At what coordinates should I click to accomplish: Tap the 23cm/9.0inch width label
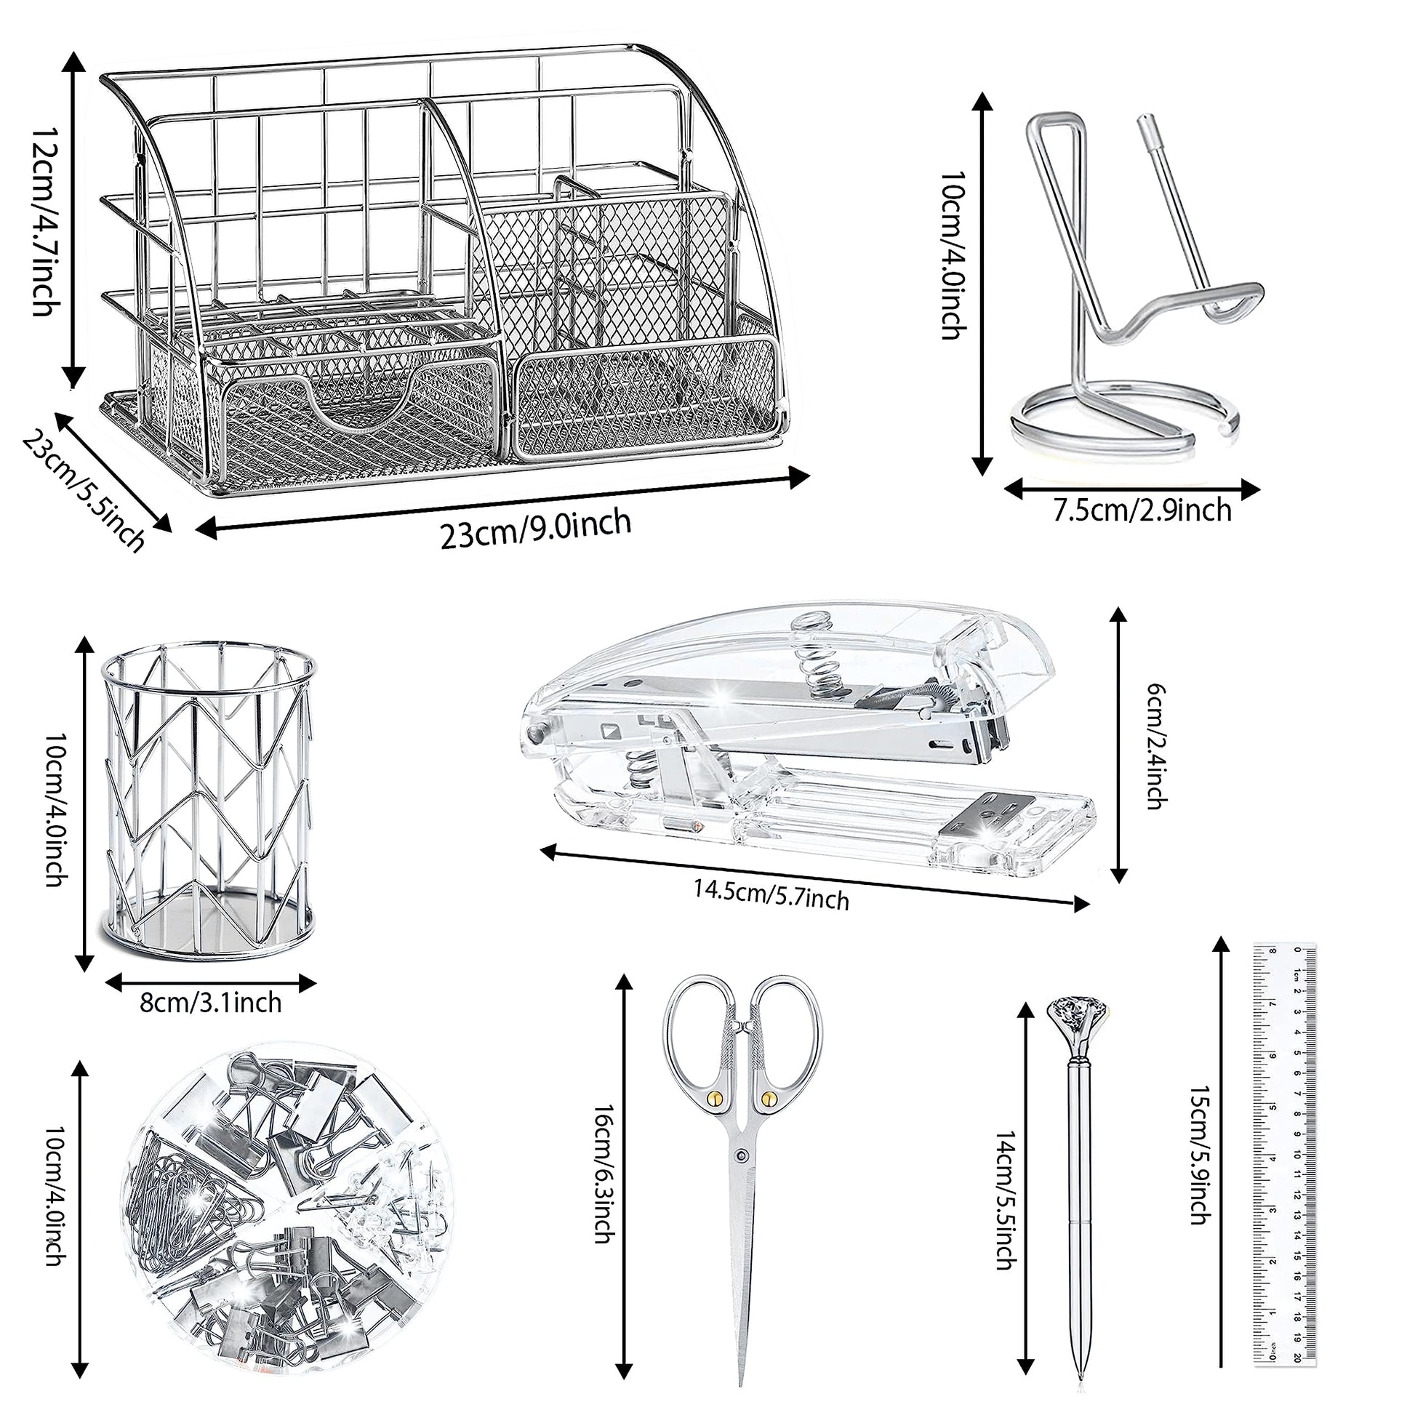click(x=534, y=528)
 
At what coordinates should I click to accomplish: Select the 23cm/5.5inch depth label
click(x=83, y=490)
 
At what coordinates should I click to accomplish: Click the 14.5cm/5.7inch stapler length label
click(x=771, y=894)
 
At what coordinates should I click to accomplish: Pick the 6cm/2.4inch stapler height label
click(x=1155, y=745)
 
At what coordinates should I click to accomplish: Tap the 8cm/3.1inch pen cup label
click(x=211, y=1001)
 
